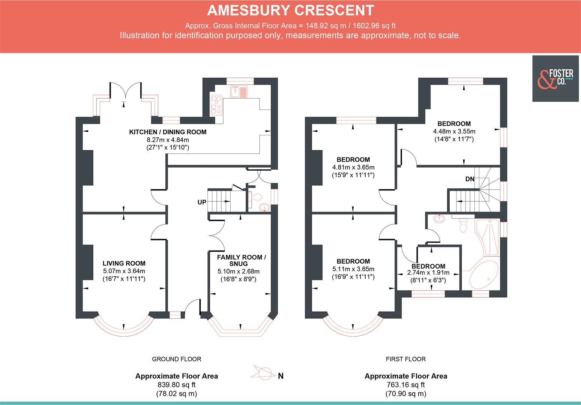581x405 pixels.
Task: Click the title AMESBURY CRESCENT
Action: point(290,10)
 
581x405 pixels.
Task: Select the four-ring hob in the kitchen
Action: point(216,105)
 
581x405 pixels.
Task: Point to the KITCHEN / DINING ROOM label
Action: point(168,132)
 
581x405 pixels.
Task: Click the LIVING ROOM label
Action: point(124,263)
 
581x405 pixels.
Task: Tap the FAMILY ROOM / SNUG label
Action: point(241,260)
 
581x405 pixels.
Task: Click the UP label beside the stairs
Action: point(202,202)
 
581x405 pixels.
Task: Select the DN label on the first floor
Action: point(470,179)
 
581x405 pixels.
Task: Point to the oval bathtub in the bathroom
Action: point(484,275)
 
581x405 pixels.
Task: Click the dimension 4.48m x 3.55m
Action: point(454,132)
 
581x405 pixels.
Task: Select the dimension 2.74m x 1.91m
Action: point(428,273)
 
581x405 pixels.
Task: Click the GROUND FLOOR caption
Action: point(176,359)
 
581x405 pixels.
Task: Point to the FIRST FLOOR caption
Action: point(406,359)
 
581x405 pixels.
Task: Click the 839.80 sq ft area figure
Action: point(176,385)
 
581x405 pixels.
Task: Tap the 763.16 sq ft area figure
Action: point(406,385)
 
